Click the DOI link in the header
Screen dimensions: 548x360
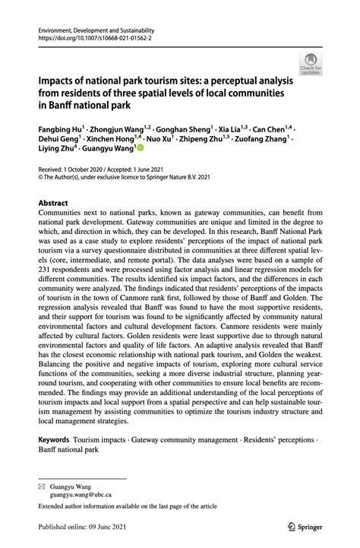(x=90, y=36)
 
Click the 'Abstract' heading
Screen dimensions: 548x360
(x=53, y=203)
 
